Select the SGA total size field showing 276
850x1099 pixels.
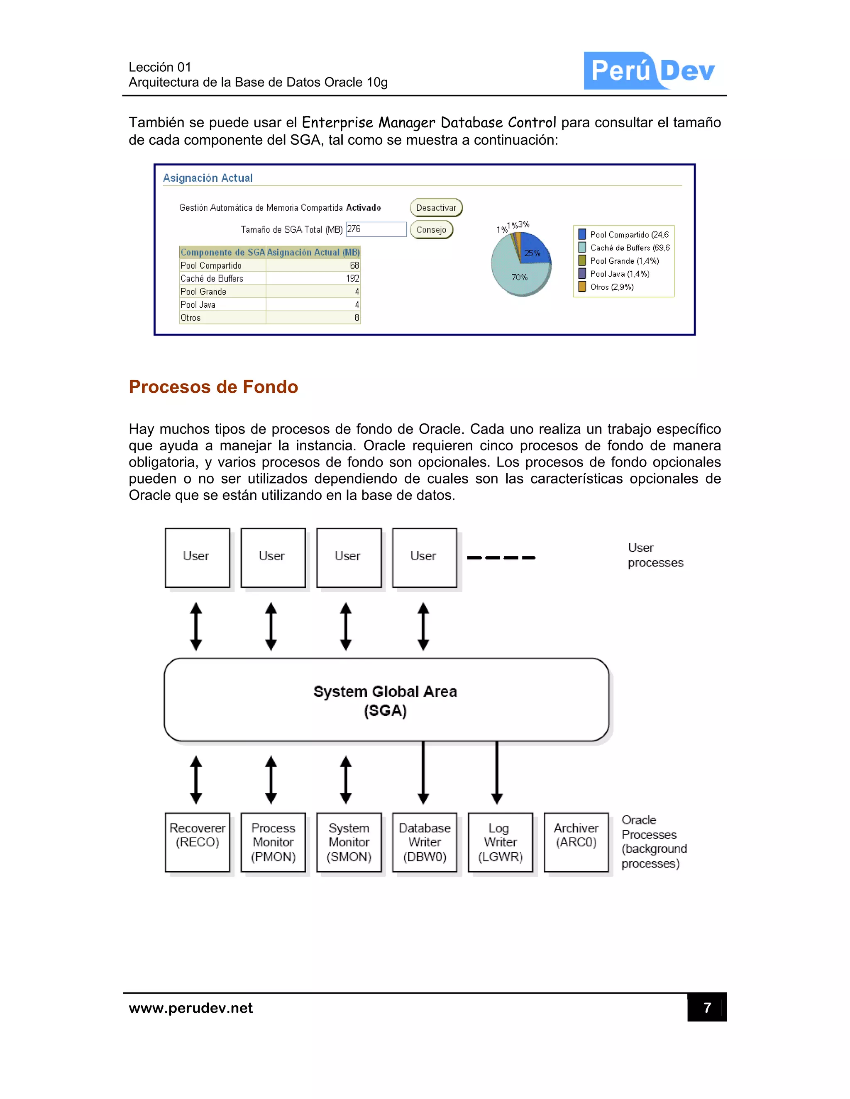[376, 229]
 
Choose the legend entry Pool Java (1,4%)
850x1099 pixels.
[619, 274]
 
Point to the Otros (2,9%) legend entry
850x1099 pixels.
[611, 287]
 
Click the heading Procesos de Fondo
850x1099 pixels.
[213, 387]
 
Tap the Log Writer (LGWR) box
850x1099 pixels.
[500, 842]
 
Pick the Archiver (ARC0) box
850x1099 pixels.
[576, 842]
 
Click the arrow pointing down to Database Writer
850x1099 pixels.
[423, 773]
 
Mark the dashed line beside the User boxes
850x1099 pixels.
[501, 557]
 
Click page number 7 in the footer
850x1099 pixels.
[706, 1007]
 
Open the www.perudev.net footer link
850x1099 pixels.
[191, 1008]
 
